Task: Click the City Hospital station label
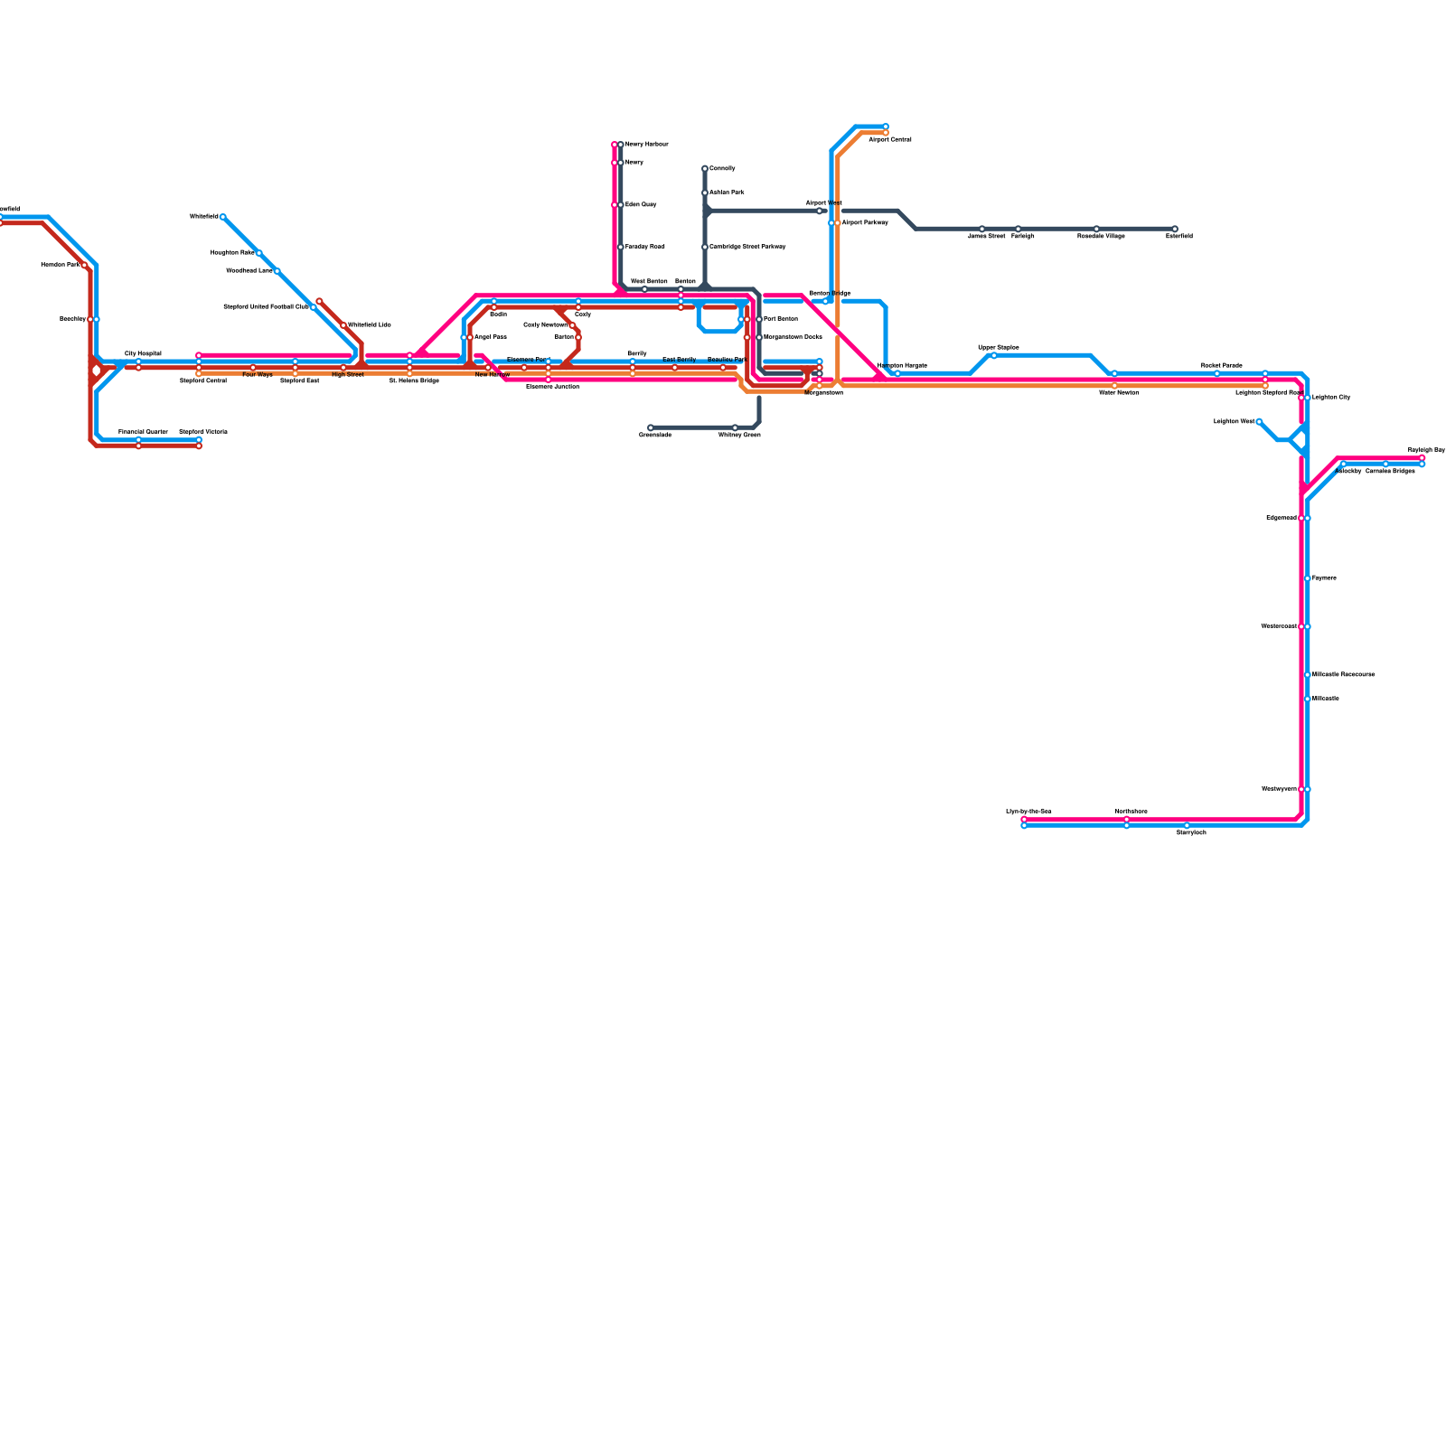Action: click(143, 353)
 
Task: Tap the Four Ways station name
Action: click(258, 375)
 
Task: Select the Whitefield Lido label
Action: click(370, 324)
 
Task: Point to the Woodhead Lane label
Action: click(249, 270)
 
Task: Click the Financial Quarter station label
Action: click(143, 432)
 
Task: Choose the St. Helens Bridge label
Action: click(414, 381)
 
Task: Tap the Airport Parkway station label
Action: click(865, 222)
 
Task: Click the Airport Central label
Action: click(890, 140)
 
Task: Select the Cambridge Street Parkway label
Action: click(747, 247)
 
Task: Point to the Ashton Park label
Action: click(727, 192)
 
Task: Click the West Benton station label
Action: click(649, 282)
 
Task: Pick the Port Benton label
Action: click(781, 319)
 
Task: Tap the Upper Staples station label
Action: click(999, 347)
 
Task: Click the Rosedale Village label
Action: click(1101, 236)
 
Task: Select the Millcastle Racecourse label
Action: click(1344, 674)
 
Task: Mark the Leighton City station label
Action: click(1331, 397)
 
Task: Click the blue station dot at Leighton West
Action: click(1259, 421)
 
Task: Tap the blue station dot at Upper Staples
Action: click(994, 355)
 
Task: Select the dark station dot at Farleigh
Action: click(1018, 229)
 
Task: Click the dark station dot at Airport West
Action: click(820, 211)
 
